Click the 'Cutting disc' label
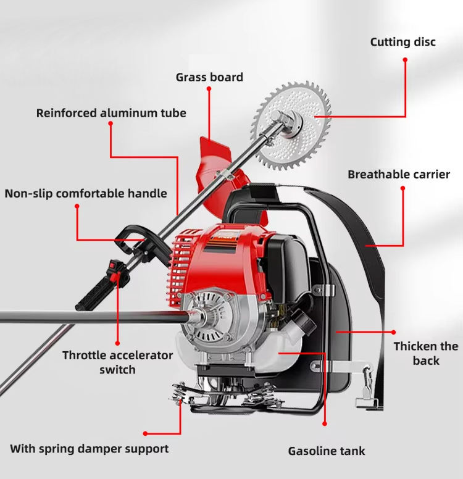click(x=403, y=42)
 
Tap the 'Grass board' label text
click(x=209, y=77)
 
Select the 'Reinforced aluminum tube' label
click(x=111, y=113)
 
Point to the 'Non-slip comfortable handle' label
click(x=86, y=193)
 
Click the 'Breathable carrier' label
click(x=399, y=175)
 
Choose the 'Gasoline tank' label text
click(x=327, y=451)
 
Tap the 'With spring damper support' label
click(x=90, y=449)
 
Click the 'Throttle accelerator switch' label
click(x=118, y=362)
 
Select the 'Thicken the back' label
click(x=426, y=354)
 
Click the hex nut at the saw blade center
click(x=276, y=117)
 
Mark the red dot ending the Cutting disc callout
click(x=405, y=60)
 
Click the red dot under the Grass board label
click(x=209, y=89)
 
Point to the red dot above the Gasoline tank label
click(x=325, y=423)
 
